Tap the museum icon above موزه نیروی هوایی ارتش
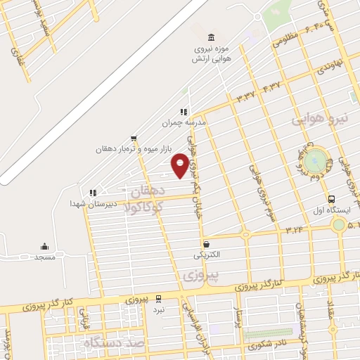coord(210,37)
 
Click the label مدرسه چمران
coord(184,122)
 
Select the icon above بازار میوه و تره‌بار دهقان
coord(134,139)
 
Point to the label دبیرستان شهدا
coord(86,203)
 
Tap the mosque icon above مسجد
coord(44,246)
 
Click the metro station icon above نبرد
coord(159,298)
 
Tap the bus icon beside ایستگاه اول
coord(332,199)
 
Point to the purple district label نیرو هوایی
coord(321,120)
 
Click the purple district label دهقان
coord(146,191)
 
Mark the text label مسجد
coord(44,257)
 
